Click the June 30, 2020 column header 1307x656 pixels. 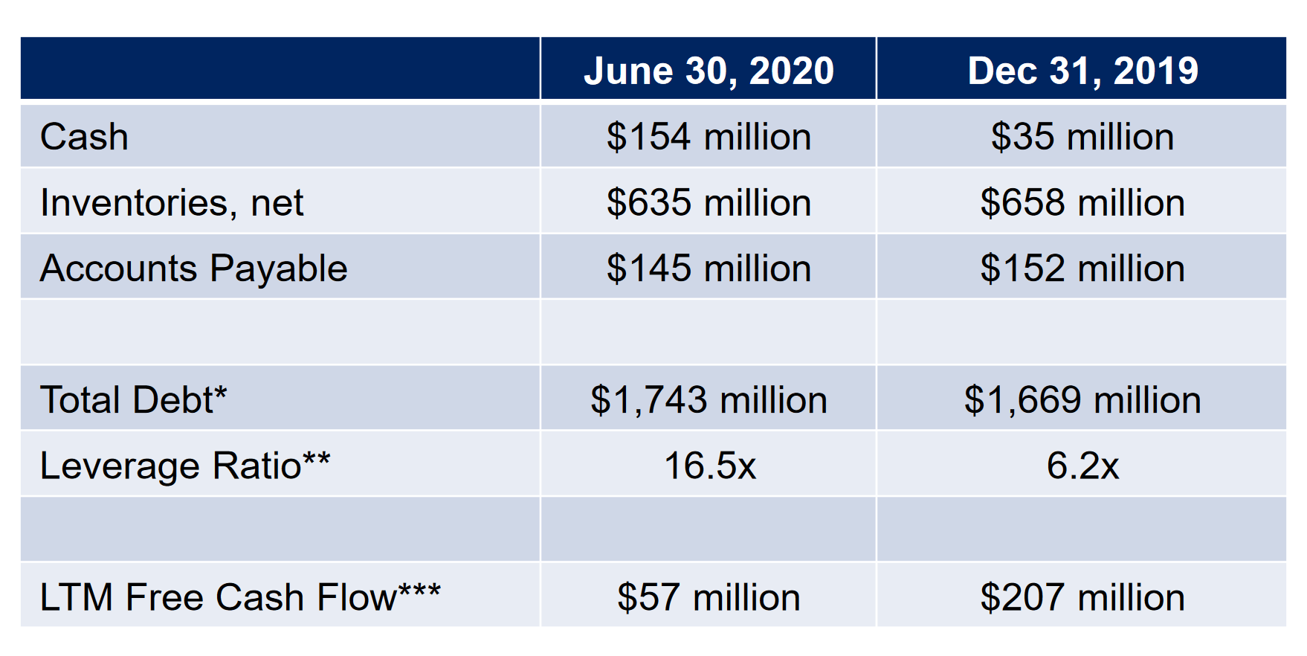(x=709, y=71)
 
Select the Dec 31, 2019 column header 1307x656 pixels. (x=1082, y=71)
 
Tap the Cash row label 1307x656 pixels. (x=84, y=137)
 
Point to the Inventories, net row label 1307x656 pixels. (x=172, y=203)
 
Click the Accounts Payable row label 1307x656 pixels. (x=193, y=268)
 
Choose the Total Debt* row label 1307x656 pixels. (x=133, y=399)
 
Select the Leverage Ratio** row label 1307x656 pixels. (x=185, y=466)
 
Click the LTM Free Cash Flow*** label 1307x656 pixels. (x=240, y=597)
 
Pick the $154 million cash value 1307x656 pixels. (x=709, y=137)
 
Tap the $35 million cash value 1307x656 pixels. (x=1082, y=137)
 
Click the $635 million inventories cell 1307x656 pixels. (x=709, y=203)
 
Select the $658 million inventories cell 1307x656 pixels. (x=1082, y=203)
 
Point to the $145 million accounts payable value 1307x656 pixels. (x=709, y=268)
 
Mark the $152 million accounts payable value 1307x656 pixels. (x=1082, y=268)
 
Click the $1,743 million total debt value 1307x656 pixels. (x=709, y=399)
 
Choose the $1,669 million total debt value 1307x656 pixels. (x=1082, y=399)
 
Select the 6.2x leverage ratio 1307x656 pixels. (x=1082, y=466)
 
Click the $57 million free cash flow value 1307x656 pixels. (x=709, y=597)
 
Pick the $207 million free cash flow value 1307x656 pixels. (x=1082, y=597)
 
